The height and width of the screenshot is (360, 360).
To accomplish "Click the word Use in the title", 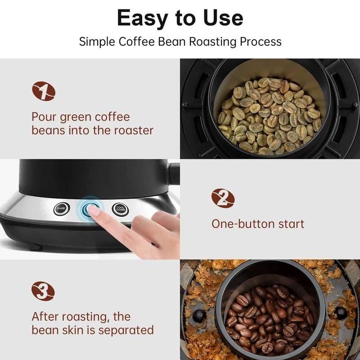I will (x=222, y=18).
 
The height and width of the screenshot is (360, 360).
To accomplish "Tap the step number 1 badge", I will (x=44, y=91).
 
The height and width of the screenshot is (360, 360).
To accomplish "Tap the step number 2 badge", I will (x=223, y=198).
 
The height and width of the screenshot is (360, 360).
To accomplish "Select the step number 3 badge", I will (x=43, y=291).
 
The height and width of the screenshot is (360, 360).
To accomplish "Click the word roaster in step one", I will (x=133, y=130).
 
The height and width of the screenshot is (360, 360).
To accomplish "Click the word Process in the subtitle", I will (x=260, y=42).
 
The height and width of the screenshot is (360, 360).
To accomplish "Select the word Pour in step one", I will (x=43, y=117).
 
